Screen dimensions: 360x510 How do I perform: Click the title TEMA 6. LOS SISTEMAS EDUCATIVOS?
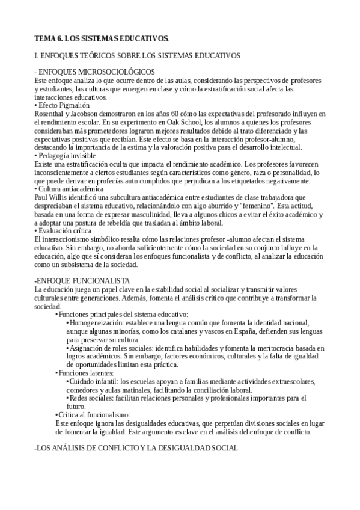pos(102,38)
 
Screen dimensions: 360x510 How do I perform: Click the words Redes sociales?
pos(90,398)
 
